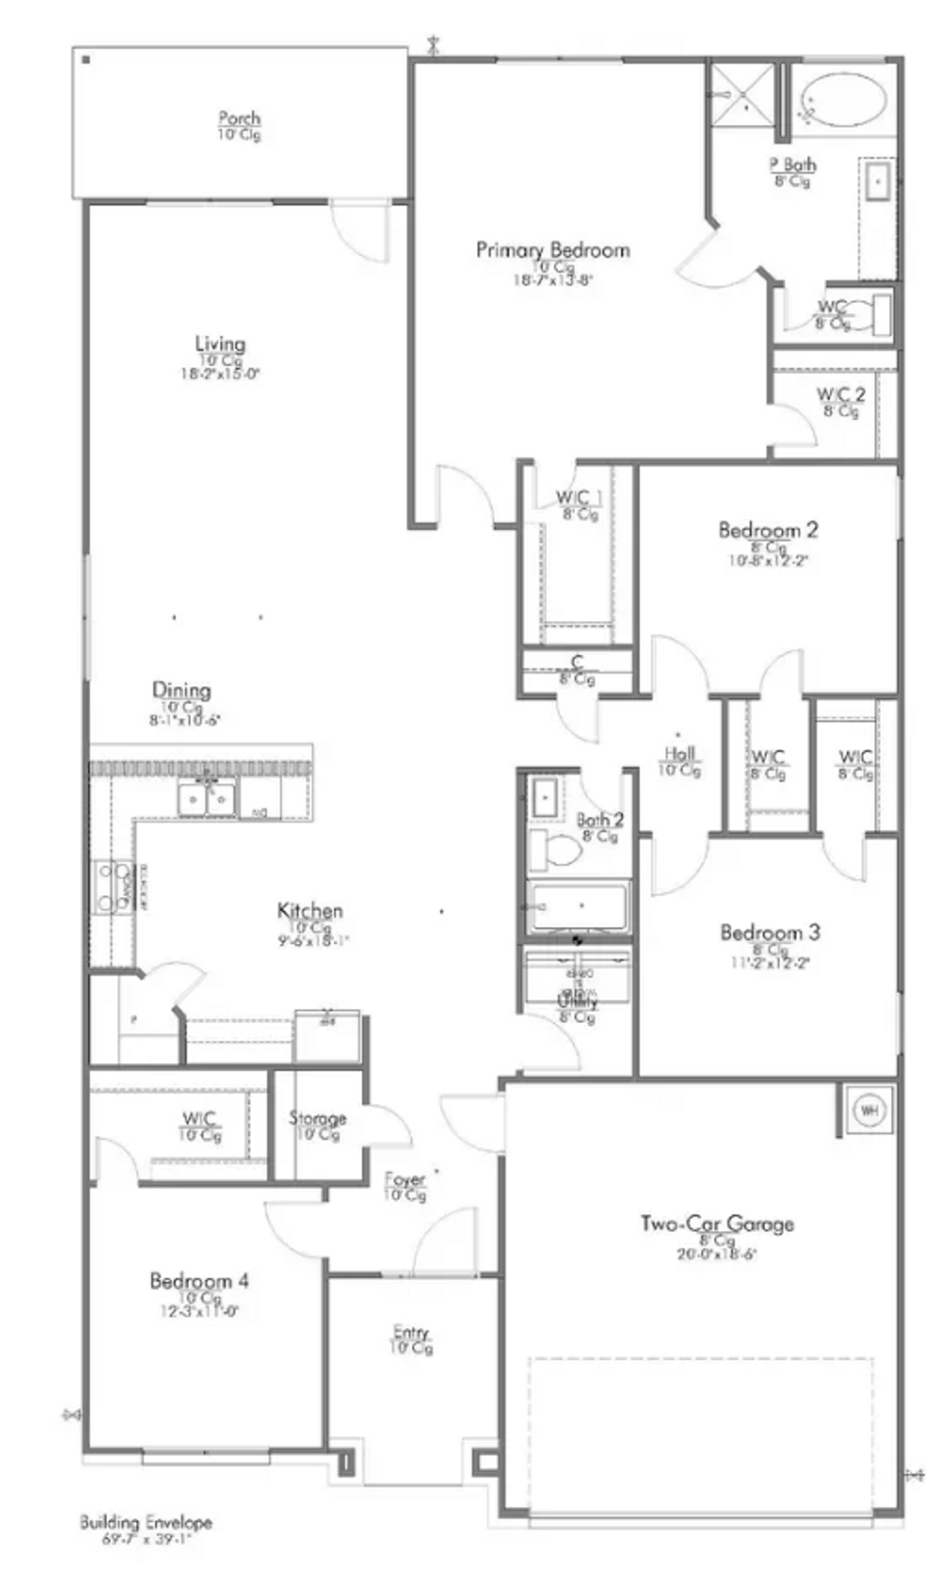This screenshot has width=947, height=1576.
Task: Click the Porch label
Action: (x=239, y=118)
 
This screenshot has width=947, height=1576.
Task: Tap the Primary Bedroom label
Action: (x=553, y=250)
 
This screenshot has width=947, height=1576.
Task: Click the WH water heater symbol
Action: (x=869, y=1110)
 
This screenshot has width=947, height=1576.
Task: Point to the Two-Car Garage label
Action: (x=717, y=1224)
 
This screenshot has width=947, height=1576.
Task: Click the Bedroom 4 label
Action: (x=199, y=1281)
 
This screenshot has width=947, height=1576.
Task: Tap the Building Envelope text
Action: (x=146, y=1523)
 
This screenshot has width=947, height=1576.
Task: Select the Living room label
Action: (x=220, y=344)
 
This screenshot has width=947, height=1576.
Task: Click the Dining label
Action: (x=181, y=690)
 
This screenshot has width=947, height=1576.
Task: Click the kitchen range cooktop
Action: (x=112, y=887)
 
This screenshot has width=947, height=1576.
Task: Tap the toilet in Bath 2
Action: (x=556, y=850)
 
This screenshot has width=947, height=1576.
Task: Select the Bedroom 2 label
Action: (x=768, y=530)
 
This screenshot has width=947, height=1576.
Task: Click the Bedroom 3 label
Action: (x=770, y=932)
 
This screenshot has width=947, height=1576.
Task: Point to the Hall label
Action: (x=679, y=754)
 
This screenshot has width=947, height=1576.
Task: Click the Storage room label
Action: (x=317, y=1119)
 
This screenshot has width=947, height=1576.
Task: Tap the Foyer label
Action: (x=405, y=1180)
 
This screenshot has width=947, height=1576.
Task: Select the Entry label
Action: (x=411, y=1332)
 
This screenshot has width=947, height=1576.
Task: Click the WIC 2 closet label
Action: (x=840, y=395)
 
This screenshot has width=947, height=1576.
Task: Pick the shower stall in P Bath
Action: (x=742, y=95)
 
